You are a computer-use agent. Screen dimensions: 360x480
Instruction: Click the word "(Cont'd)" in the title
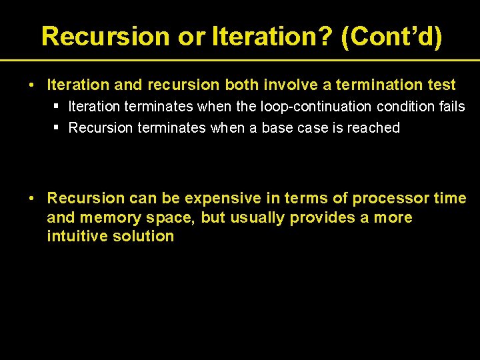tap(391, 36)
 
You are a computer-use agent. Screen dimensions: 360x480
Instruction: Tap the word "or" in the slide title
tap(192, 36)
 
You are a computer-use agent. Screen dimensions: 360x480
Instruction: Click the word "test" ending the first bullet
tap(441, 85)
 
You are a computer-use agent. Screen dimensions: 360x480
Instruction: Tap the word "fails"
tap(450, 107)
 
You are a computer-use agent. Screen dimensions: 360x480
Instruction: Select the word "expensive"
tap(223, 198)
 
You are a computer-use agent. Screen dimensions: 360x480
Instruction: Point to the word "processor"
tap(391, 198)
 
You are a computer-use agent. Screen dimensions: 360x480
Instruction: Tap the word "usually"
tap(257, 217)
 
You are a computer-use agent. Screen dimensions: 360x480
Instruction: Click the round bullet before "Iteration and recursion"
tap(31, 85)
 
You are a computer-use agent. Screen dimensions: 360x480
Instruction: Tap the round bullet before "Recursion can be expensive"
tap(31, 199)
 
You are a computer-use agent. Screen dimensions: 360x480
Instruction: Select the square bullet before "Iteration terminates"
tap(58, 107)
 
